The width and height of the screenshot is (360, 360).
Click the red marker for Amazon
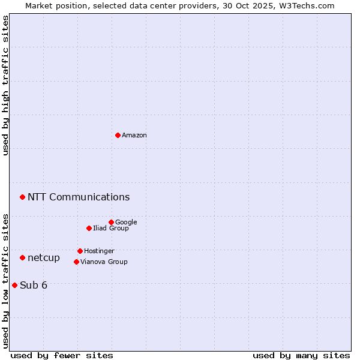(118, 135)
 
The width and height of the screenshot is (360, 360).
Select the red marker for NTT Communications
(22, 197)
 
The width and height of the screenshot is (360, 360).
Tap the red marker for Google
(111, 222)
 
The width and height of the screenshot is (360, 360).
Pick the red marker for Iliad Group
(89, 228)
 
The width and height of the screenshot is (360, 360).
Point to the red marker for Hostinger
(80, 251)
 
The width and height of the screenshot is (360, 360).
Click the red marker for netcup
(22, 257)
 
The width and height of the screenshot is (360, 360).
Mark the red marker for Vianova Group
(76, 262)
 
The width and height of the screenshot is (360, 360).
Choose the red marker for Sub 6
(14, 285)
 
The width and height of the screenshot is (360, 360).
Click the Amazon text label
(134, 136)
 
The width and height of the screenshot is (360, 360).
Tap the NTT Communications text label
(79, 197)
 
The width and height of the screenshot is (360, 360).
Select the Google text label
(126, 222)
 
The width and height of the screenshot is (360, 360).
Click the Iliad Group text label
(111, 228)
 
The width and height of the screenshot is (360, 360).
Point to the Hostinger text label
(99, 251)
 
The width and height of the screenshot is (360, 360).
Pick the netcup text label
(44, 258)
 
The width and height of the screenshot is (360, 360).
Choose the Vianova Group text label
(104, 262)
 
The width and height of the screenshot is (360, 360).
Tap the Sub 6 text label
(34, 285)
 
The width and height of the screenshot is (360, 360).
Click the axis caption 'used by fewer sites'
(62, 355)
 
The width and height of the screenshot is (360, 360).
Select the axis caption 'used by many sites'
(301, 355)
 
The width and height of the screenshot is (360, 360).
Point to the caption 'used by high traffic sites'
(5, 85)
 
